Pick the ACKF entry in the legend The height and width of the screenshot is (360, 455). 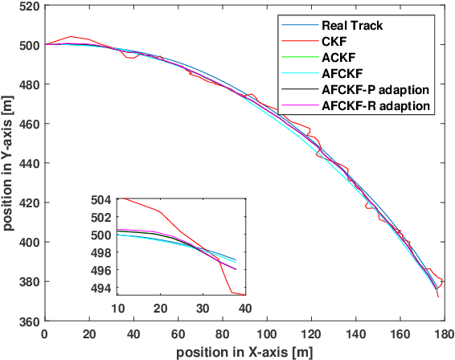coord(340,57)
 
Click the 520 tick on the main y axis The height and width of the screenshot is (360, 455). coord(28,6)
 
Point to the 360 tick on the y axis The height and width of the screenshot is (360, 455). coord(28,321)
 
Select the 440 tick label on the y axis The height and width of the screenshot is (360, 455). coord(28,163)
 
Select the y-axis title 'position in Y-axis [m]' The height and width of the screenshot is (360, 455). coord(8,163)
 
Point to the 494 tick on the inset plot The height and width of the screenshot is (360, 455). coord(102,288)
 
